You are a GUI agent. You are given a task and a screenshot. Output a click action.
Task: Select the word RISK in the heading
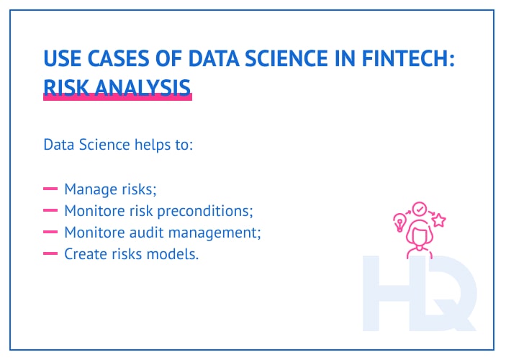point(63,87)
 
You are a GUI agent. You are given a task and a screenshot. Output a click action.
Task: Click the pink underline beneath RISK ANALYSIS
point(117,97)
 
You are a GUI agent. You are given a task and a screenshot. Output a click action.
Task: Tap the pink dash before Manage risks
point(50,190)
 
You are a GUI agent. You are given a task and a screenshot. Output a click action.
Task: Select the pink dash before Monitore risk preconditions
point(50,211)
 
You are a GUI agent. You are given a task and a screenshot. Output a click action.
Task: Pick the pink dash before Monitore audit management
point(50,233)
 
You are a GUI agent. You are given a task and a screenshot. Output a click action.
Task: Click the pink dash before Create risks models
point(50,253)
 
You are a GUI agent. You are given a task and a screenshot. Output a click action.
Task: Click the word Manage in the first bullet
point(89,190)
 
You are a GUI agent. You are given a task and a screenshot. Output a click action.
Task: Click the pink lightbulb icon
point(399,220)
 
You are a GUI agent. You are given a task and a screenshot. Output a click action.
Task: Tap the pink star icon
point(438,221)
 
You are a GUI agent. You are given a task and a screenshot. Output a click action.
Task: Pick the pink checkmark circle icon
point(419,209)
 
